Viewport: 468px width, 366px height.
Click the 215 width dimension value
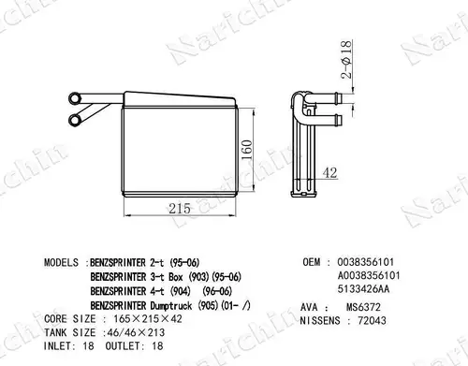pyautogui.click(x=180, y=209)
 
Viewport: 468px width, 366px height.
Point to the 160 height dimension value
pyautogui.click(x=247, y=150)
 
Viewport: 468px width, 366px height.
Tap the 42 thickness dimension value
pyautogui.click(x=329, y=172)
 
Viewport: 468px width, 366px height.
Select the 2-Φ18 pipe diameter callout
pyautogui.click(x=346, y=59)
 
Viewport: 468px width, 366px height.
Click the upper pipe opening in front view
pyautogui.click(x=75, y=98)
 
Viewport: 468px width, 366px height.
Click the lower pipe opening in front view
pyautogui.click(x=74, y=120)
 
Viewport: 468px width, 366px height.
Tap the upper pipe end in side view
pyautogui.click(x=339, y=98)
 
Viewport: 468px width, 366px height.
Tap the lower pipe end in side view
pyautogui.click(x=339, y=120)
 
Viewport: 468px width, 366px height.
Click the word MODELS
pyautogui.click(x=61, y=262)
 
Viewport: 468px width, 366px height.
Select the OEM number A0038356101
pyautogui.click(x=369, y=275)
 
